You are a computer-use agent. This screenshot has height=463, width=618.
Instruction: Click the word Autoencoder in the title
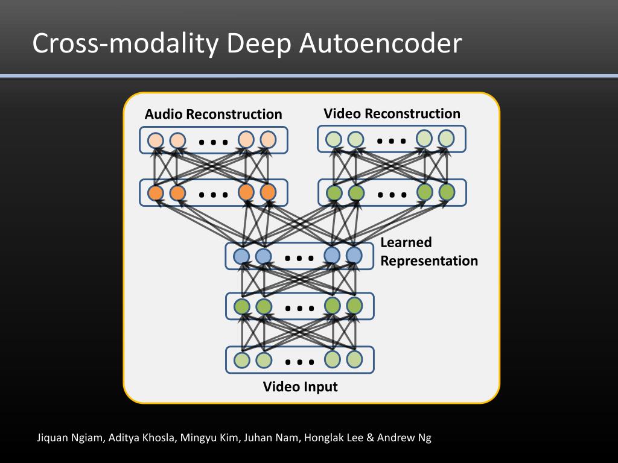[380, 43]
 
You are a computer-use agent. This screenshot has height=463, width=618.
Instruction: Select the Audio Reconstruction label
[213, 114]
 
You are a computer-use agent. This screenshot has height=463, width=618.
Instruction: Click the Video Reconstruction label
[392, 113]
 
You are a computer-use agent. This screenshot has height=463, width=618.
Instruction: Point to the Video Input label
[301, 386]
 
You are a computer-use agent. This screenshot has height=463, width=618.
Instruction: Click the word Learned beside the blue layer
[406, 242]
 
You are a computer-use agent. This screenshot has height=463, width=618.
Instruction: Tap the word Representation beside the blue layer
[429, 260]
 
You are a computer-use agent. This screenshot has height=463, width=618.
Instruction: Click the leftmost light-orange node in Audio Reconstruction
[156, 140]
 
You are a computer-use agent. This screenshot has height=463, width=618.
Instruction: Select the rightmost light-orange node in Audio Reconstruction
[268, 140]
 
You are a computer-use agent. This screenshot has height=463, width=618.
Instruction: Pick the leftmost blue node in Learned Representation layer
[241, 256]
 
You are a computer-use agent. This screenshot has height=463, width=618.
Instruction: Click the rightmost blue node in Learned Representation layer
[354, 256]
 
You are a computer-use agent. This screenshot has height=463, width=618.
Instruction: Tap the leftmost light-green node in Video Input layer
[241, 360]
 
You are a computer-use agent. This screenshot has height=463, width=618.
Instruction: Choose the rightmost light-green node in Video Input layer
[354, 359]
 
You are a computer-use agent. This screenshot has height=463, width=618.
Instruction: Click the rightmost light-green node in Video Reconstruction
[446, 139]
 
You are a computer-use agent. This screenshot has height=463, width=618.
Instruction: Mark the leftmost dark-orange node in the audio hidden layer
[156, 193]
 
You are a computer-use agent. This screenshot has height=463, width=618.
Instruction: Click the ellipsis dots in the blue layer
[299, 259]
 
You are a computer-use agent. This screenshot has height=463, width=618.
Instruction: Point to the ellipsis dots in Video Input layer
[299, 362]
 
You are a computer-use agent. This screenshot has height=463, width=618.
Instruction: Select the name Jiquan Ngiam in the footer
[69, 438]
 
